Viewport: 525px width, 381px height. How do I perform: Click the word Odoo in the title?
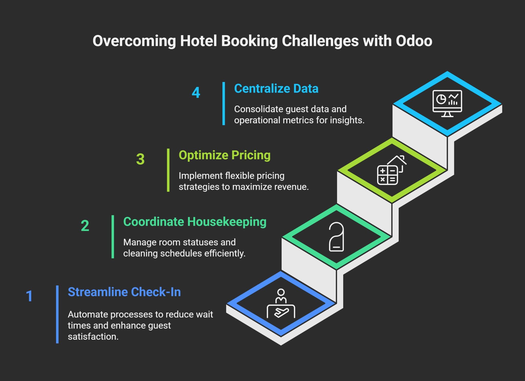(414, 41)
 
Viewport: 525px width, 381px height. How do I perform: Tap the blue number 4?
(196, 93)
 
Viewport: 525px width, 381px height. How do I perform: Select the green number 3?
(140, 159)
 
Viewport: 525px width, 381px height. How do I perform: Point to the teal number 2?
(85, 226)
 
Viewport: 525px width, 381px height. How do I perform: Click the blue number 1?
(29, 296)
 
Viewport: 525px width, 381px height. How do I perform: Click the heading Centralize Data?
(276, 89)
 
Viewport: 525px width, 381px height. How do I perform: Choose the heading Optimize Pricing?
(225, 155)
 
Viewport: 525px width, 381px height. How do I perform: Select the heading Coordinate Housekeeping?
(195, 222)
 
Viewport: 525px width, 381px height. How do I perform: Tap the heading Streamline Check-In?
(124, 292)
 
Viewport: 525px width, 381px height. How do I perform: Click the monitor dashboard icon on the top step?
(447, 103)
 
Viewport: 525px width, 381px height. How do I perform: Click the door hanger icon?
(336, 237)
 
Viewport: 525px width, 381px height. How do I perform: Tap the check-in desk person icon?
(281, 304)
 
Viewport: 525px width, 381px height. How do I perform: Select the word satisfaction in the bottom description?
(93, 337)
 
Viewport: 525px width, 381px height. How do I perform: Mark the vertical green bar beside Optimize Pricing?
(168, 170)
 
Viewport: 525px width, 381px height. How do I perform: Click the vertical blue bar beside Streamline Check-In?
(57, 314)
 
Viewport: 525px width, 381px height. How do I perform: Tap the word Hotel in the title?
(198, 41)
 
